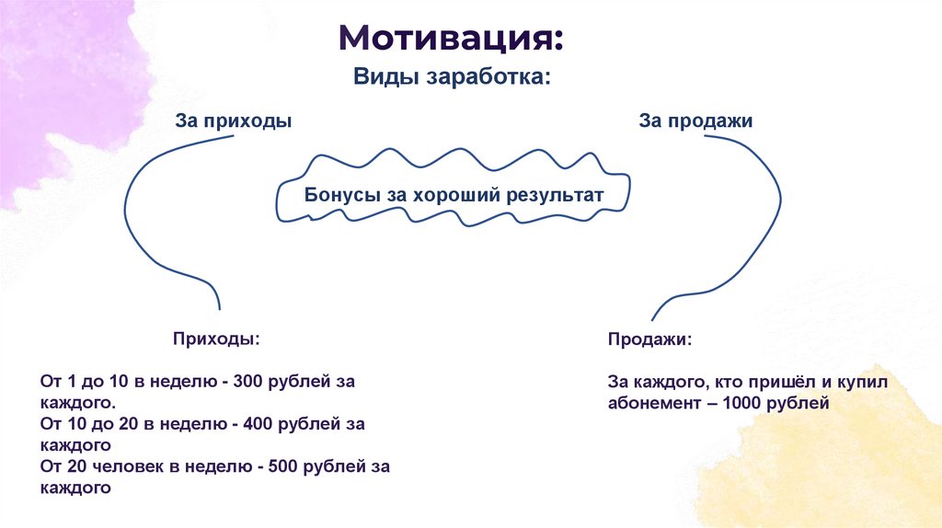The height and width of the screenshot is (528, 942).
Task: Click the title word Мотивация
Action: click(x=449, y=40)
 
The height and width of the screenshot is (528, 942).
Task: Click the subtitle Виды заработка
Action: click(x=452, y=77)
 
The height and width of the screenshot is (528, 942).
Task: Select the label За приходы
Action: click(x=234, y=121)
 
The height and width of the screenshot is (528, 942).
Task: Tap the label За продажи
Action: click(x=696, y=121)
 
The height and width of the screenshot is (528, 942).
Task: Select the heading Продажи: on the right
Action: click(x=649, y=339)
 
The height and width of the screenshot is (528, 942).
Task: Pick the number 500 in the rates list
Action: click(x=283, y=467)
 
